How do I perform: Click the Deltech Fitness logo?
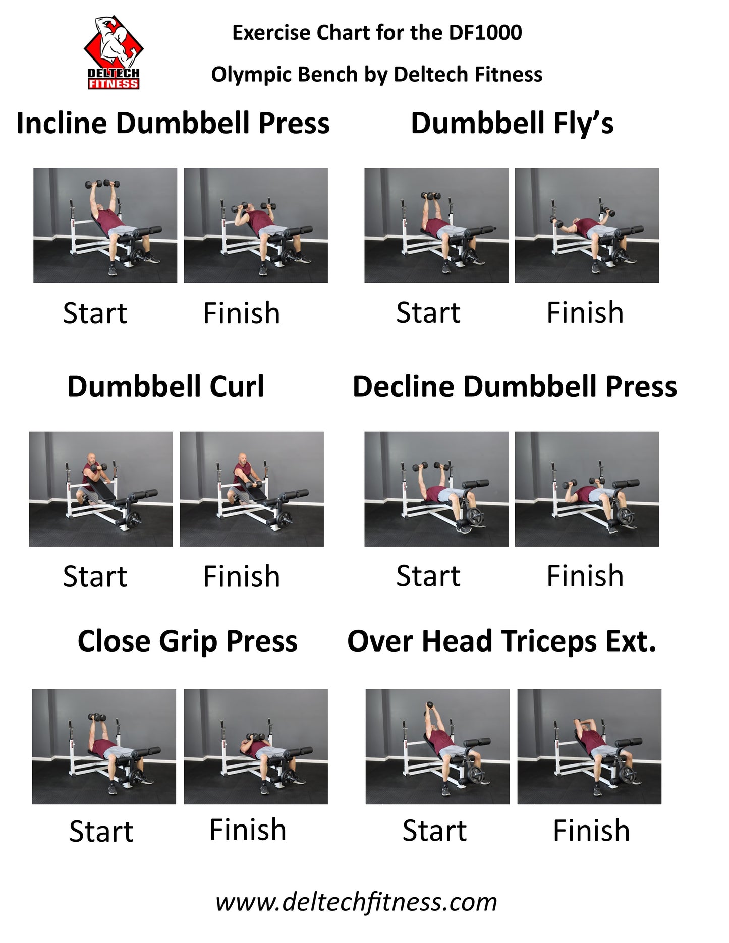[x=114, y=52]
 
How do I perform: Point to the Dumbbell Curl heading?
[x=165, y=387]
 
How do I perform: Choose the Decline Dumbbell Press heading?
[x=515, y=387]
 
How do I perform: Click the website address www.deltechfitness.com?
[x=356, y=902]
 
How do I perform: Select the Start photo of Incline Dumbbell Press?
[x=105, y=225]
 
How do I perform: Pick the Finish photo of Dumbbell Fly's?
[x=587, y=225]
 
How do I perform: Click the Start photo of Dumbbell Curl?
[x=101, y=489]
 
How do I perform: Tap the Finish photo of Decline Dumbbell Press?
[x=587, y=489]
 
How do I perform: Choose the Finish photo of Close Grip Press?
[x=256, y=747]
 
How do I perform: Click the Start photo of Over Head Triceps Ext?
[x=437, y=747]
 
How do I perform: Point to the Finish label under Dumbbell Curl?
[x=242, y=576]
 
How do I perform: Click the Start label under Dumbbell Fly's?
[x=428, y=313]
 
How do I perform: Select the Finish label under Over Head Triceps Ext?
[x=591, y=831]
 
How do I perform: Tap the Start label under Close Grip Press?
[x=101, y=831]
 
